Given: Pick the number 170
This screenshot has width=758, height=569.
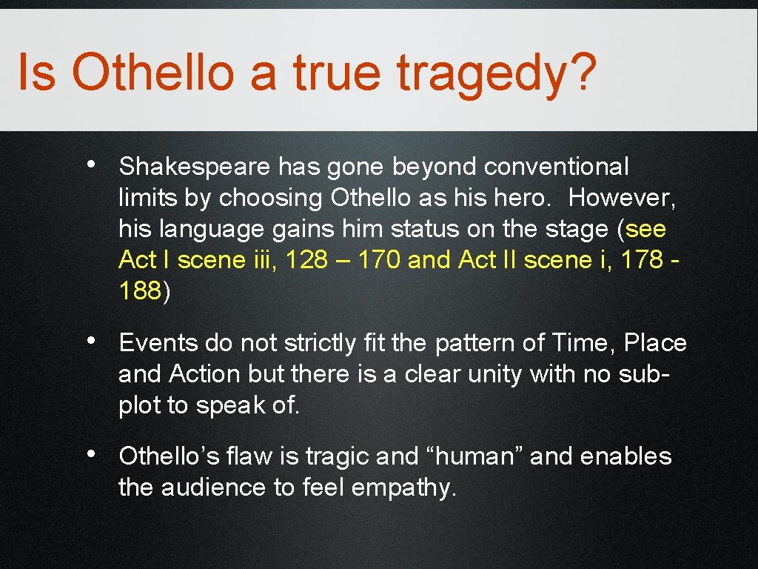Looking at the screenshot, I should (x=377, y=261).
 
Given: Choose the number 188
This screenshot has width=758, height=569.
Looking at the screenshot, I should (x=139, y=292).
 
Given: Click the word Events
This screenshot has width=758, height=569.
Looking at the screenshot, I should (x=158, y=344).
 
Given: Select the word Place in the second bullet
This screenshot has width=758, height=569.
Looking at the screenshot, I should (x=656, y=344).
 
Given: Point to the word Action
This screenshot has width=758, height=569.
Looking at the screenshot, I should (x=205, y=375).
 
